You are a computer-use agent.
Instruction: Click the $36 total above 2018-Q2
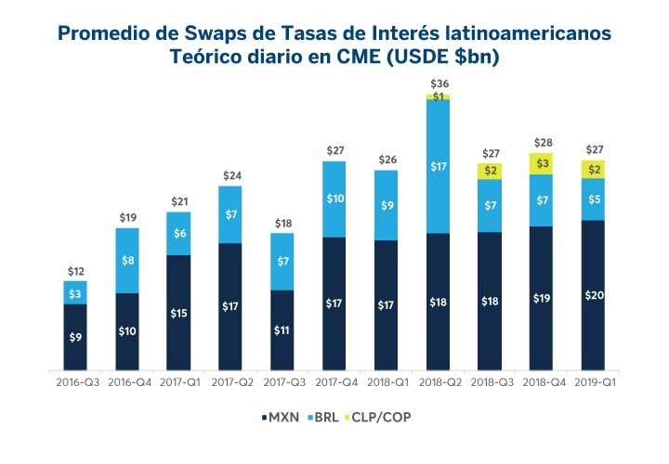[x=439, y=84]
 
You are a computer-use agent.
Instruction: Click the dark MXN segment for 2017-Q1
[x=179, y=313]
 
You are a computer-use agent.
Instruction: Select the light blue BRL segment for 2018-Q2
[x=439, y=166]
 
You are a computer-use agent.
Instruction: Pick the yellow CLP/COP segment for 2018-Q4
[x=542, y=163]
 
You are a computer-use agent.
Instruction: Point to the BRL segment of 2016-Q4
[x=127, y=261]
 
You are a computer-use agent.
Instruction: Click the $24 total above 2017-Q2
[x=231, y=175]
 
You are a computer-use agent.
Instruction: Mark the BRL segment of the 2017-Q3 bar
[x=282, y=261]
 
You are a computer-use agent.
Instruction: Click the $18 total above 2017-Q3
[x=282, y=223]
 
